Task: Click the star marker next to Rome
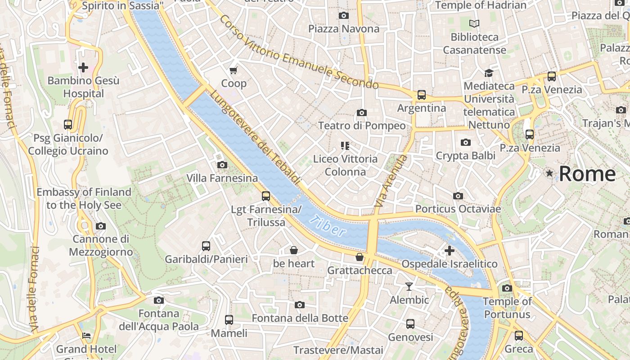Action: click(x=549, y=173)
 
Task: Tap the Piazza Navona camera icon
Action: click(x=344, y=16)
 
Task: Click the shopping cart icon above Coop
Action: click(x=233, y=70)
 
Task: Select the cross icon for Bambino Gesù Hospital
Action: click(x=83, y=67)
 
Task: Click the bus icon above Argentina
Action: click(x=421, y=95)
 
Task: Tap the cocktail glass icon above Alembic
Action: click(x=409, y=287)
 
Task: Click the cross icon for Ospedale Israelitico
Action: click(x=449, y=251)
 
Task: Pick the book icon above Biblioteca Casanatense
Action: click(x=474, y=23)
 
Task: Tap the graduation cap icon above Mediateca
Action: click(x=489, y=73)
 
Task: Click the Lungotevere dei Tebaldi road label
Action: click(x=255, y=137)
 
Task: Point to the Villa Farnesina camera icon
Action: click(x=222, y=165)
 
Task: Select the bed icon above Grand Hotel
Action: click(x=86, y=336)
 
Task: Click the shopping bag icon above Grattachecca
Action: click(x=359, y=257)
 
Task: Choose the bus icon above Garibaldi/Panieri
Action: click(x=206, y=246)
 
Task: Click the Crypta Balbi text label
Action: click(x=465, y=156)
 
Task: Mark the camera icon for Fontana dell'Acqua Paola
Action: click(x=158, y=300)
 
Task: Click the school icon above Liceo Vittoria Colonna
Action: click(x=345, y=145)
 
